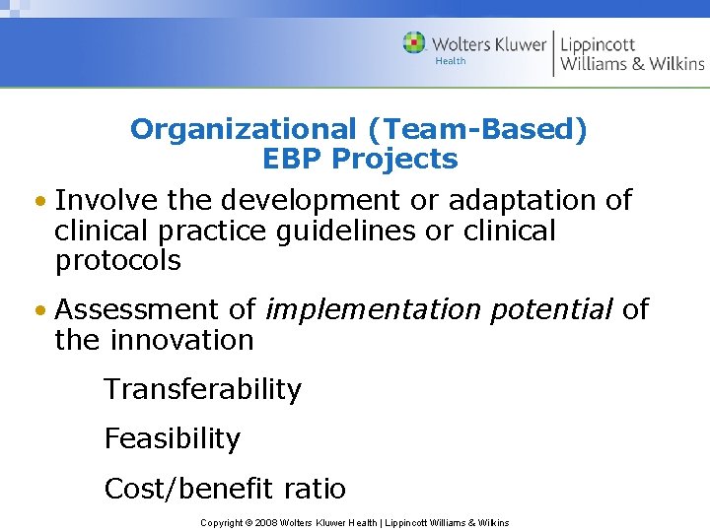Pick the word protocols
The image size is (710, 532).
point(118,260)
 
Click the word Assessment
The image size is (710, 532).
point(141,309)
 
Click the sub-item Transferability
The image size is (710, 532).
point(202,389)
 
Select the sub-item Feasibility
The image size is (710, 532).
point(172,438)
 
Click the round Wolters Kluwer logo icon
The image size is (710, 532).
point(414,43)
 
